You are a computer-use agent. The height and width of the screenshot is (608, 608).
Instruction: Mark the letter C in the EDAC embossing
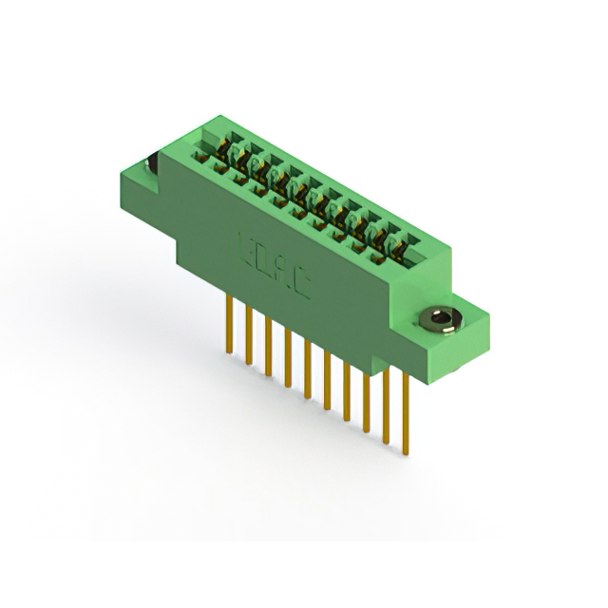(x=301, y=287)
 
